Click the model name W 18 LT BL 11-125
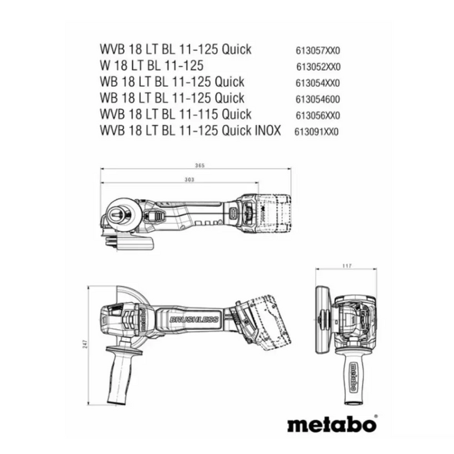tap(152, 66)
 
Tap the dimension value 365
tap(200, 167)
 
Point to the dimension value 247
tap(85, 345)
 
